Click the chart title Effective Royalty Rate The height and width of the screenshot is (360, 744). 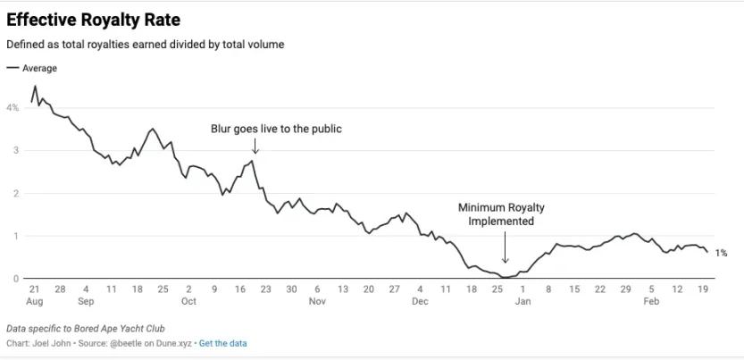94,20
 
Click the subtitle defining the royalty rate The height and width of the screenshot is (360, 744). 145,44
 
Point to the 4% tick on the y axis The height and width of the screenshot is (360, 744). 13,107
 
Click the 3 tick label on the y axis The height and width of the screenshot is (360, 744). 15,150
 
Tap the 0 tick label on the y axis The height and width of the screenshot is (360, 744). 15,279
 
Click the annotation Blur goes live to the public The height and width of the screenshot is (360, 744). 276,129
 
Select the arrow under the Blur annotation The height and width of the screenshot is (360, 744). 255,146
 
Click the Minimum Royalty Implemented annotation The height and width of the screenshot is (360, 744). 501,214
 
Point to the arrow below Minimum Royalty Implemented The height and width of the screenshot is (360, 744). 505,247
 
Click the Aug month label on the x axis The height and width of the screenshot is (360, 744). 34,301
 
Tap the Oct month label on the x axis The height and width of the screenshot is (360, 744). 188,301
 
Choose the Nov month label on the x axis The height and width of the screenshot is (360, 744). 317,301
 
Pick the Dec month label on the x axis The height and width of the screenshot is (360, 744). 420,301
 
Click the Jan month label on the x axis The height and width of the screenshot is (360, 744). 522,301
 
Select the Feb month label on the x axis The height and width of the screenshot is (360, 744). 651,301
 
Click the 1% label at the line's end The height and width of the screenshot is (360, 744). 721,254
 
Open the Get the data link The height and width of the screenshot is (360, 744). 222,343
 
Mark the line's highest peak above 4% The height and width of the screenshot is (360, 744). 35,87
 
